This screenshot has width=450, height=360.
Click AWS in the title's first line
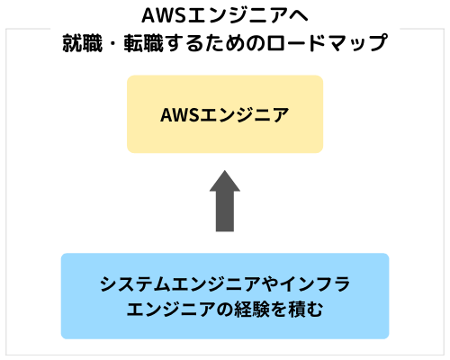(164, 15)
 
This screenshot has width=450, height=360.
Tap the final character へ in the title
(298, 15)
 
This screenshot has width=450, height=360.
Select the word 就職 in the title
(83, 43)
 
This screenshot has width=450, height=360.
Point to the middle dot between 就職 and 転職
(113, 43)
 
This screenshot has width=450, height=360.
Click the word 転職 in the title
(144, 43)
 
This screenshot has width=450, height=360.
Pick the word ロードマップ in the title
(327, 43)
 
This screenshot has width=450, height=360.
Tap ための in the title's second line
(236, 43)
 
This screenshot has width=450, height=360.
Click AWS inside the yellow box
(180, 115)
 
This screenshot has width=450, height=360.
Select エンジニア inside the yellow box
(245, 115)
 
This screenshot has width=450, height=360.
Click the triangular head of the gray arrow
(225, 181)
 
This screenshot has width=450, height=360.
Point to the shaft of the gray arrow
(225, 211)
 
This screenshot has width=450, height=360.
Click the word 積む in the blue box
(305, 310)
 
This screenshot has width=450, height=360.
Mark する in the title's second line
(185, 43)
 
